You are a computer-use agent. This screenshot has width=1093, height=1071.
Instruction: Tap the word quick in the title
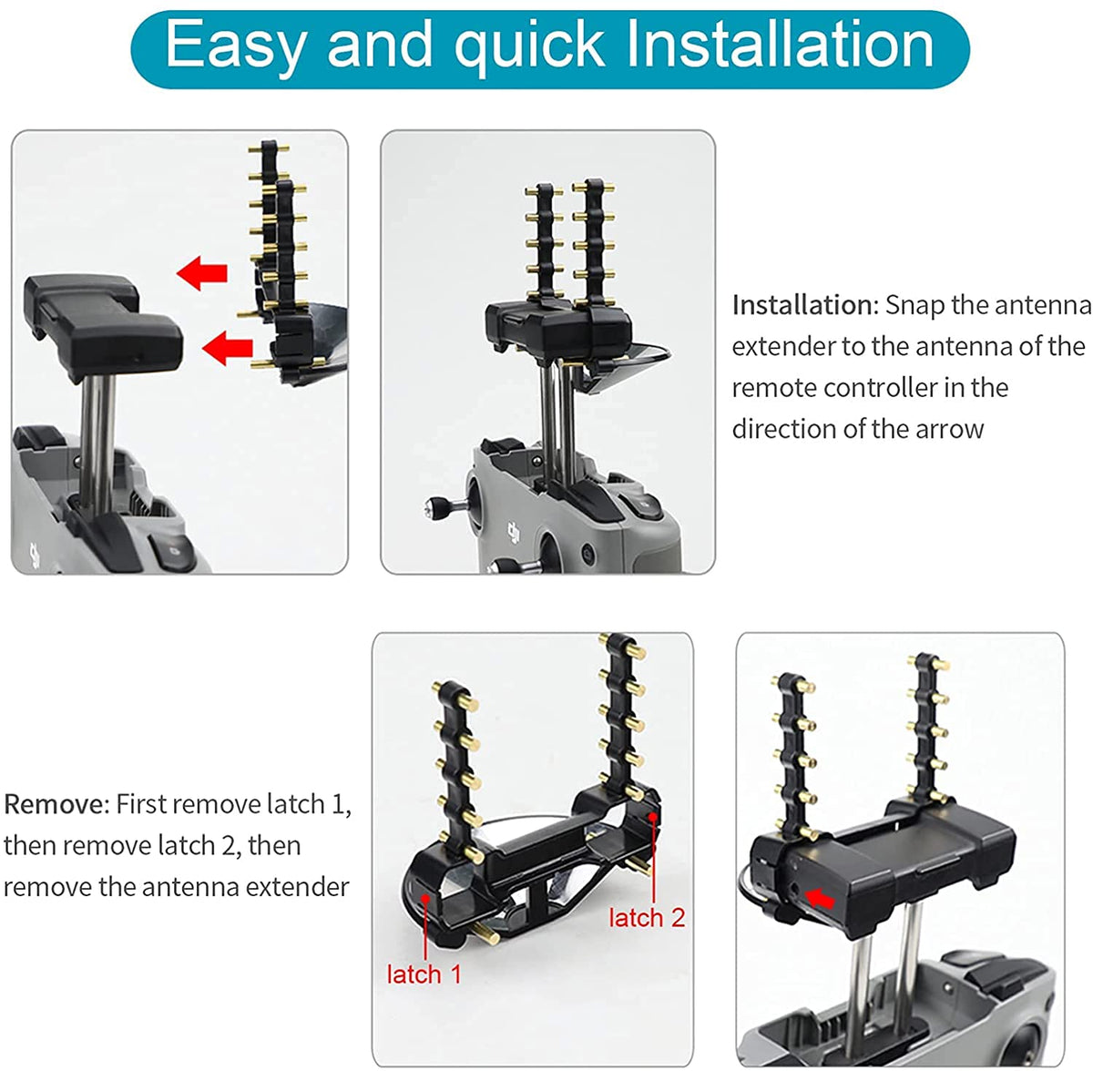530,47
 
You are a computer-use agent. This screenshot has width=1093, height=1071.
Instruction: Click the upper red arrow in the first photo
202,273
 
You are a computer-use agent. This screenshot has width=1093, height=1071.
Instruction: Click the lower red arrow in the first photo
227,348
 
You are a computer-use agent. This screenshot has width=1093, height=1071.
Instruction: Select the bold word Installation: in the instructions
805,305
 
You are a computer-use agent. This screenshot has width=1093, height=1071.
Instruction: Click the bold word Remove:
56,804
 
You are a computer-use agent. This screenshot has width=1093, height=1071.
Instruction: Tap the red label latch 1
424,974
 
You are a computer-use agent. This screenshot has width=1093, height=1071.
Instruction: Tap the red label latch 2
647,917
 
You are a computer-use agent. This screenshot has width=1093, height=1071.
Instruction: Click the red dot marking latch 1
424,897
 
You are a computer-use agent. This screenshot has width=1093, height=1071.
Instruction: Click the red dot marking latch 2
653,816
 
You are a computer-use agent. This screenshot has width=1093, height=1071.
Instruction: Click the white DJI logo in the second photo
515,532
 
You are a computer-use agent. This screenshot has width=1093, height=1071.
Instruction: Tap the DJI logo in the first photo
36,556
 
